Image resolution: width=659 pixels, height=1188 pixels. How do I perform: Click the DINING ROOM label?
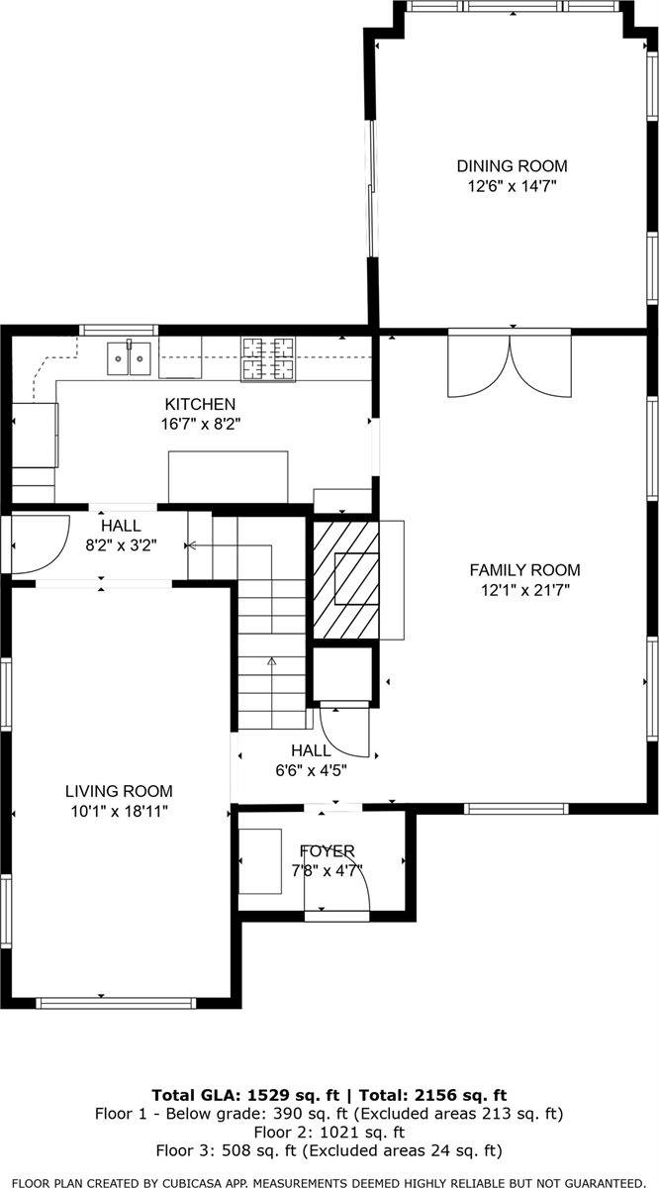(512, 166)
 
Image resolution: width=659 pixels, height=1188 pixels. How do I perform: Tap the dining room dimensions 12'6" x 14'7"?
(512, 185)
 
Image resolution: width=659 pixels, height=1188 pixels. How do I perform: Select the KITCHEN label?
(200, 404)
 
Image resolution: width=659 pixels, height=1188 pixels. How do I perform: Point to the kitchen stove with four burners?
(269, 358)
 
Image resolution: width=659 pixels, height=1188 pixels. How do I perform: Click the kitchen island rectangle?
(229, 477)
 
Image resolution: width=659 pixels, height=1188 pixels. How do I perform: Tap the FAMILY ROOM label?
(524, 570)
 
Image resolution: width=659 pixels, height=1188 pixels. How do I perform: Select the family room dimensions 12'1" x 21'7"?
(524, 589)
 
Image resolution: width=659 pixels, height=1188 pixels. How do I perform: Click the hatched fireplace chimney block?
(346, 580)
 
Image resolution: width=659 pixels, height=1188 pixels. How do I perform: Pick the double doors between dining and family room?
(510, 363)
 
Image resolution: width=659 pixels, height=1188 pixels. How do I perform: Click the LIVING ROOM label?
(119, 791)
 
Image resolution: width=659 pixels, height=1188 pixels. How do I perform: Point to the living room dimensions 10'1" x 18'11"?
(119, 811)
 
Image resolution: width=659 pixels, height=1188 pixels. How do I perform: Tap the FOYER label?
(328, 851)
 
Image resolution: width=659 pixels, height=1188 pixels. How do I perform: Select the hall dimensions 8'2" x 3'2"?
(121, 544)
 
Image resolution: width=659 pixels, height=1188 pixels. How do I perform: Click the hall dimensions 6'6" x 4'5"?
(311, 769)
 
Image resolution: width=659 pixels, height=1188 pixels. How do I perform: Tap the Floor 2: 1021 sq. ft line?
(329, 1132)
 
